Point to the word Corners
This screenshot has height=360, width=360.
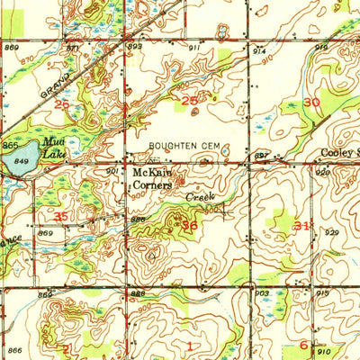point(152,184)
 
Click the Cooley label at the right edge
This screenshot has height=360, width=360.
point(338,154)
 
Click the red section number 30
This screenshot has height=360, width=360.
point(312,103)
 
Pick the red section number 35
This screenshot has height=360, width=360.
point(61,217)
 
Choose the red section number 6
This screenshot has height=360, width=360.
point(303,345)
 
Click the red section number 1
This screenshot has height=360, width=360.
point(190,345)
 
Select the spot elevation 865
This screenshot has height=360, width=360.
point(9,144)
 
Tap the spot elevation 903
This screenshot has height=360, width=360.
point(261,293)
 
